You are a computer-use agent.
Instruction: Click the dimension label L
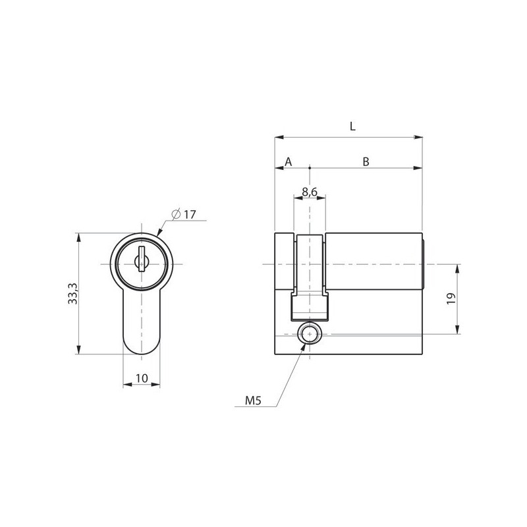[352, 126]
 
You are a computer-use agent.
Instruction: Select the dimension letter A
[289, 161]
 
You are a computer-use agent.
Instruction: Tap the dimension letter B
[366, 161]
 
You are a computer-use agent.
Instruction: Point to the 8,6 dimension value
[310, 192]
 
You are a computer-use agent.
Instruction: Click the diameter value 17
[190, 215]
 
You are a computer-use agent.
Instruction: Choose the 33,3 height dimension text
[72, 294]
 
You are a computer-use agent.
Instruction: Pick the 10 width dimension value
[142, 378]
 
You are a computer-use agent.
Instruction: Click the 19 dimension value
[451, 298]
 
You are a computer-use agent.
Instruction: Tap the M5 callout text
[253, 401]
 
